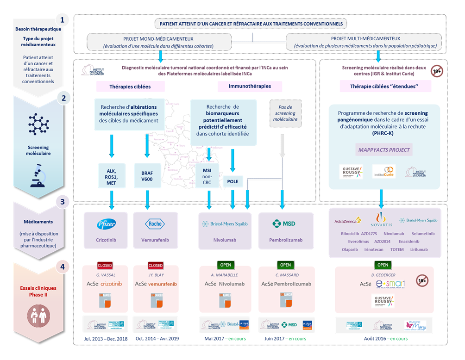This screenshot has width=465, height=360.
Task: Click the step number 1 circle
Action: tap(62, 19)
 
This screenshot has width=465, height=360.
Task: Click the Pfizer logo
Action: tap(106, 223)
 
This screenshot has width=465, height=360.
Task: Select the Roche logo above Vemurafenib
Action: tap(155, 223)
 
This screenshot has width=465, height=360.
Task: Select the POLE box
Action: tap(232, 181)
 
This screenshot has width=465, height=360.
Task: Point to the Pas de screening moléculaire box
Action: tap(285, 114)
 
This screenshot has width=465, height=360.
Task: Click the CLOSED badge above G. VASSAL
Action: tap(105, 266)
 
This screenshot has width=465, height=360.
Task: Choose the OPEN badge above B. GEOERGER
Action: tap(382, 265)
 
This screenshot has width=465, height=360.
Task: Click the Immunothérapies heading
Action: tap(250, 86)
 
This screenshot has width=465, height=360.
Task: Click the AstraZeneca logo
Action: tap(348, 221)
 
